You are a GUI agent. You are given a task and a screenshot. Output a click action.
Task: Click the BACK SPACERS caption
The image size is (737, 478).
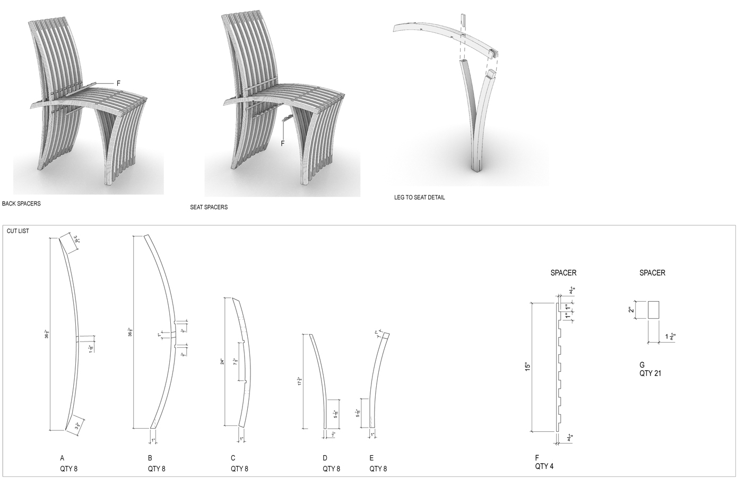coord(21,203)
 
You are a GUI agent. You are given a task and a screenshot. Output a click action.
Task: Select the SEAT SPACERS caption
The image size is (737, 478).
coord(209,207)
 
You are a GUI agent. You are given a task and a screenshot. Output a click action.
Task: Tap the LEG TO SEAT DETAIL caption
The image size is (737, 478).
coord(419,198)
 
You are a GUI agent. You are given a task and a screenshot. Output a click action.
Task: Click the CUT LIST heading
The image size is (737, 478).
coord(18,231)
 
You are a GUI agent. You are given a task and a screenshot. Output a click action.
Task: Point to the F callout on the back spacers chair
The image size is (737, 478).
coord(118,83)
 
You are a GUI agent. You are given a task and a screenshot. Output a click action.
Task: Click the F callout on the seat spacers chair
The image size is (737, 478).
coord(282,143)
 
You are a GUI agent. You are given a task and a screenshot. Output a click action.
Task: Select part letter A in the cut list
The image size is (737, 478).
coord(62,458)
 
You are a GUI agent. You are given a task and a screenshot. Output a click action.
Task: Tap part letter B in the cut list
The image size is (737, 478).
coord(150,458)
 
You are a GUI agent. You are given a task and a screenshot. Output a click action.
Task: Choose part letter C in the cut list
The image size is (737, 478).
coord(233,458)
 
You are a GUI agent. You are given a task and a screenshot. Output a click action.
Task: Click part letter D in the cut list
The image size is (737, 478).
coord(325,458)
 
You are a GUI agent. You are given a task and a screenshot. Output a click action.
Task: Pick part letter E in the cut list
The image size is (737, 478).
coord(371,458)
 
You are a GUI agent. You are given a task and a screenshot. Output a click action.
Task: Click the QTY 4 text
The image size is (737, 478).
coord(544,467)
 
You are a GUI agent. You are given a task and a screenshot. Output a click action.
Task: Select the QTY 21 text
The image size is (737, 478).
coord(650,373)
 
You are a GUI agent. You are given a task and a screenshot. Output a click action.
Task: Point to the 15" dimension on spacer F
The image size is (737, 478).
coord(526,366)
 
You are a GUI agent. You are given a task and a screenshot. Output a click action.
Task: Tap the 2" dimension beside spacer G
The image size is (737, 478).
coord(630,310)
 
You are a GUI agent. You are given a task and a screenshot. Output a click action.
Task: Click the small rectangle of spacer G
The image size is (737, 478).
coord(653,310)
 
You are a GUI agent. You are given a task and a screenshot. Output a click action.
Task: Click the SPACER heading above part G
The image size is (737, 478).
coord(652,273)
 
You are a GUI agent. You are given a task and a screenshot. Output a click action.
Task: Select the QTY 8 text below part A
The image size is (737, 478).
coord(69,469)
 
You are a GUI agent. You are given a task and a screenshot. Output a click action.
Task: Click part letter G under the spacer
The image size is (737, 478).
coord(642,365)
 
